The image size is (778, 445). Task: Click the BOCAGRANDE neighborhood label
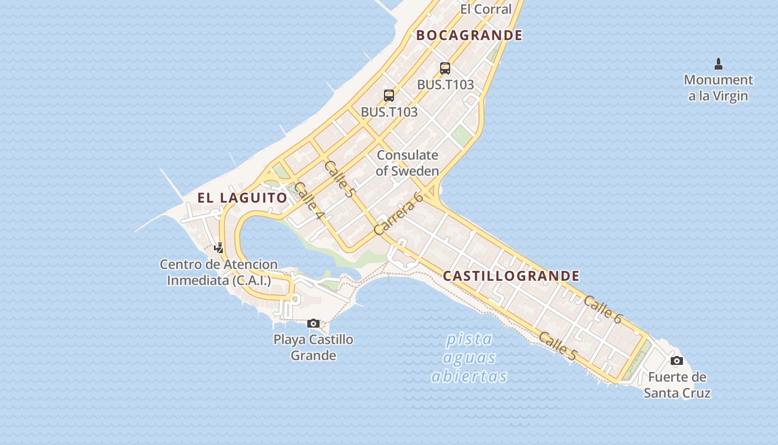(470, 35)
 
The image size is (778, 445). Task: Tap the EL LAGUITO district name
(242, 197)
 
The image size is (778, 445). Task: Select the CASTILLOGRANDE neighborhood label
(511, 276)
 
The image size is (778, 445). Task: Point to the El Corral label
(486, 9)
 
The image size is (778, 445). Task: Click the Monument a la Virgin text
(718, 88)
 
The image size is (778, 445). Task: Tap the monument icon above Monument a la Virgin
(718, 63)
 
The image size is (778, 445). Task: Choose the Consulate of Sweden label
(407, 163)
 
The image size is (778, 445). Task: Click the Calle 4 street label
(309, 200)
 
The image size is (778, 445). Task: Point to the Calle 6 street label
(602, 309)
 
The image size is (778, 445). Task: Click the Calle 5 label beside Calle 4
(338, 179)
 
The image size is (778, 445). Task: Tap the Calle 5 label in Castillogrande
(557, 346)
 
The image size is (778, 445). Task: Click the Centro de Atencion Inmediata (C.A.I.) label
(219, 272)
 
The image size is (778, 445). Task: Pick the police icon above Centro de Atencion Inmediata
(220, 248)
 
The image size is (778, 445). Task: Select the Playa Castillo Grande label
(313, 347)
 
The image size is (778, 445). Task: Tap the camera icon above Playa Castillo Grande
(313, 323)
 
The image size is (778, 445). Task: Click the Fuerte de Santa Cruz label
(677, 385)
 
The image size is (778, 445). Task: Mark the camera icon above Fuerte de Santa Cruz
(676, 360)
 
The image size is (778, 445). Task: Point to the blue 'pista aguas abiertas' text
(470, 358)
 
